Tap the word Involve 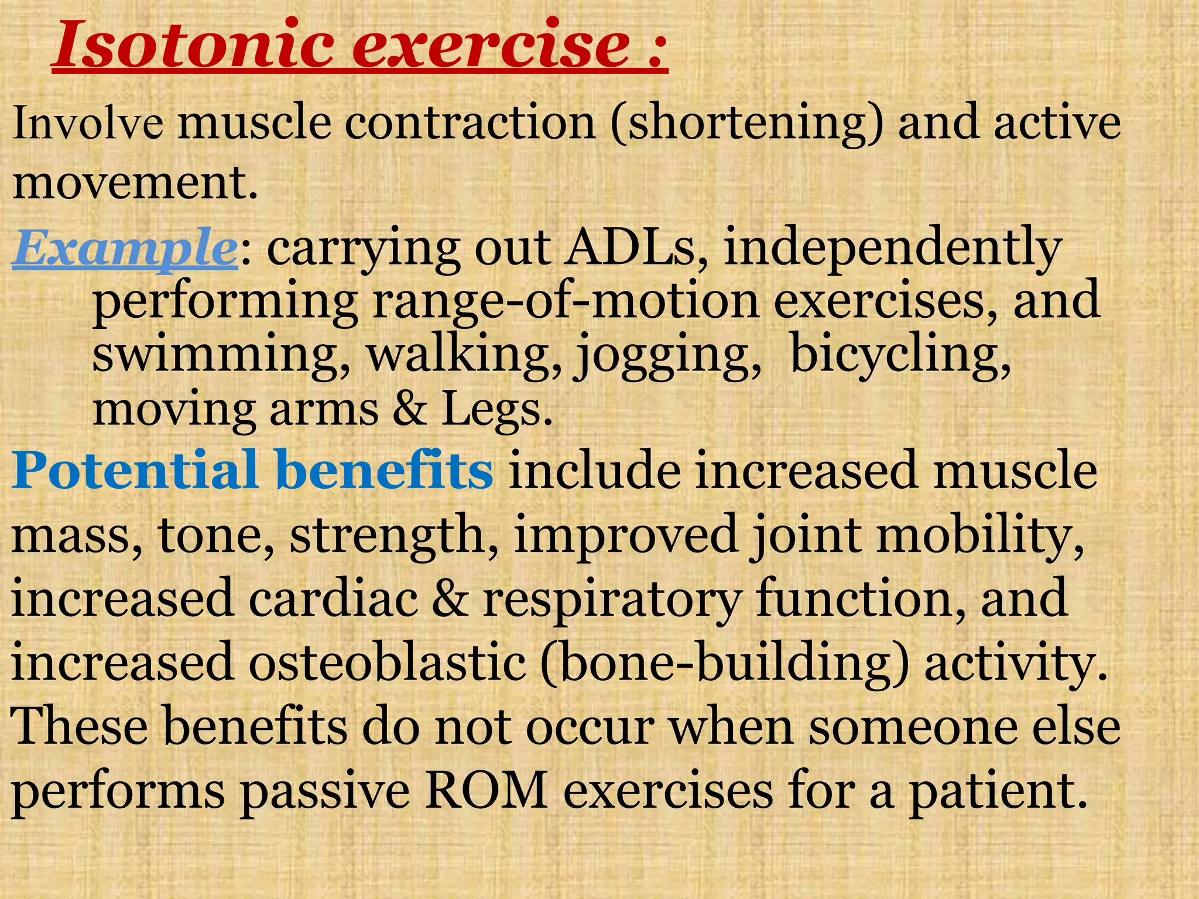pyautogui.click(x=88, y=124)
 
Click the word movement pyautogui.click(x=135, y=183)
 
